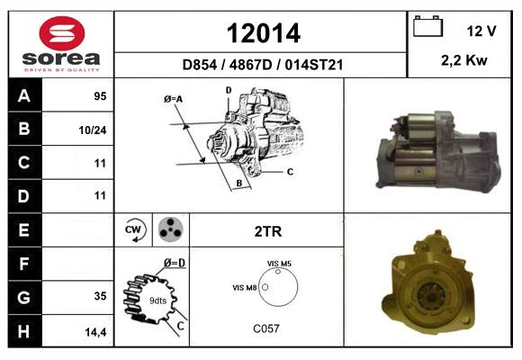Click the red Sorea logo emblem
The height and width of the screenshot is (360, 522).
[x=62, y=33]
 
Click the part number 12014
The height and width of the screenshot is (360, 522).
[x=264, y=33]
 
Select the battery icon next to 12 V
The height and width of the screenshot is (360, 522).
[x=427, y=26]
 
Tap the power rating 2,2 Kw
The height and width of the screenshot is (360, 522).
[x=464, y=60]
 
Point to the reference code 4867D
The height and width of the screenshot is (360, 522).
[x=251, y=65]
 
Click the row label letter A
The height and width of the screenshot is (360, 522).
[x=24, y=96]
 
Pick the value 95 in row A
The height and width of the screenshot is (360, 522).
[x=100, y=96]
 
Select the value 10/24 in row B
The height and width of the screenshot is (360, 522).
[x=93, y=130]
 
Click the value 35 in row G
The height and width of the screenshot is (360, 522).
[x=100, y=296]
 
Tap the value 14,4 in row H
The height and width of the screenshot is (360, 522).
[x=95, y=332]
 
